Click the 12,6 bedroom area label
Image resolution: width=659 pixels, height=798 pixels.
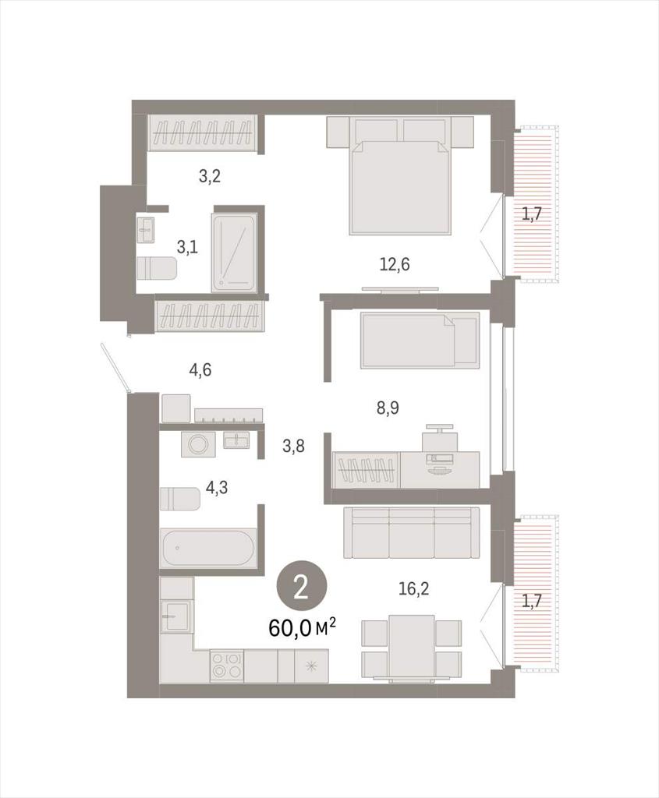click(x=395, y=265)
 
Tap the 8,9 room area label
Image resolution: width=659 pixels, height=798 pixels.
click(x=388, y=408)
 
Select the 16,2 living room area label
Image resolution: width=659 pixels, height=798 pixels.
click(x=413, y=589)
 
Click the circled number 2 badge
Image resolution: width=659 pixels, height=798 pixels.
click(x=302, y=589)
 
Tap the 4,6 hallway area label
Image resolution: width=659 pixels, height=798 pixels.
click(x=200, y=370)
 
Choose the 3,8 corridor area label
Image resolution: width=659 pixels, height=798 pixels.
click(x=293, y=447)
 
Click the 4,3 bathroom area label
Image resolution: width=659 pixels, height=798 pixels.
click(x=217, y=488)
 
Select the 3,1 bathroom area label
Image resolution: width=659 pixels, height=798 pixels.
click(x=187, y=248)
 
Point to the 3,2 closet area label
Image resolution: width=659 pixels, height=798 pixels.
click(x=209, y=177)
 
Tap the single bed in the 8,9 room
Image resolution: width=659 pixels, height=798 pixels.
click(x=420, y=340)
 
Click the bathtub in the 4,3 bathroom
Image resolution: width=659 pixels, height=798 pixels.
click(x=207, y=549)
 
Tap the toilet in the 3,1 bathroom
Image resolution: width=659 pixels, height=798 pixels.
click(x=157, y=268)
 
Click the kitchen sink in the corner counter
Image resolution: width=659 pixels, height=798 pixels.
click(x=176, y=616)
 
